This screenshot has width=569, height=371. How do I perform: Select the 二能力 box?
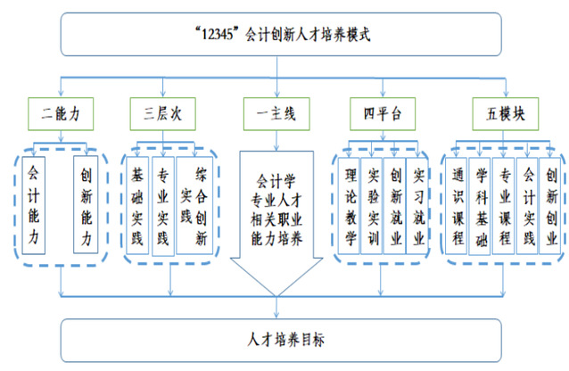61,113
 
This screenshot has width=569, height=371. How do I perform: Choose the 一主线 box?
276,113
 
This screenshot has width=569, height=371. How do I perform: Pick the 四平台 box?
384,113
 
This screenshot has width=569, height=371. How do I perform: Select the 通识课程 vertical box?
457,204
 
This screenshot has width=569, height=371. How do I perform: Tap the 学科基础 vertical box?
481,204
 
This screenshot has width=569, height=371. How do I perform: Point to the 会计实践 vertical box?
528,204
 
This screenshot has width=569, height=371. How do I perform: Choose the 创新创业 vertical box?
551,204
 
